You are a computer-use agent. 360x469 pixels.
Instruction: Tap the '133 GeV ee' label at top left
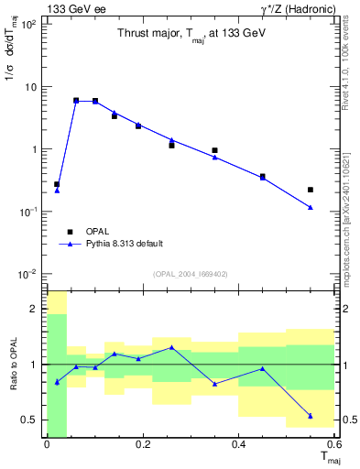point(71,9)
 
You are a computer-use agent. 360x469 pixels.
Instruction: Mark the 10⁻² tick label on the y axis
point(27,274)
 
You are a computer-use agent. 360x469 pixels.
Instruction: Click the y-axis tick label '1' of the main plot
point(32,149)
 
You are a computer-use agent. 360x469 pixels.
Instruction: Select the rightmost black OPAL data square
point(311,190)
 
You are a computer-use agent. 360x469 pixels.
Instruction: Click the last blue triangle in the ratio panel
point(311,416)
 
